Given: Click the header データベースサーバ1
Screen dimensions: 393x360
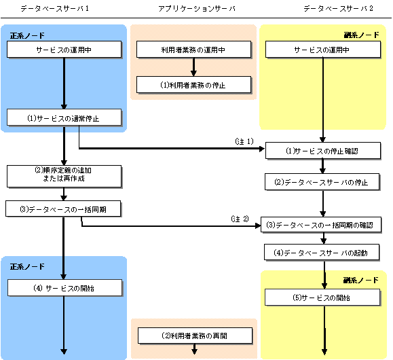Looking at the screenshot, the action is point(54,9).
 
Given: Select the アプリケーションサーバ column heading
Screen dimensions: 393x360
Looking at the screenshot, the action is point(197,9).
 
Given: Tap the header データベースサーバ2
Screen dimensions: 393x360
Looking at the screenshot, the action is point(338,9).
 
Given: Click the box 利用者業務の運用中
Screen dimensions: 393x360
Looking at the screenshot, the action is point(193,50).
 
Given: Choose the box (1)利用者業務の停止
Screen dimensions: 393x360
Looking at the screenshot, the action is point(193,85).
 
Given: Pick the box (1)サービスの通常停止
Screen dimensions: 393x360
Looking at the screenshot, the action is point(64,117).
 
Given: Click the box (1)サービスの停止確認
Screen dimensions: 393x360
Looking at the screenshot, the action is point(323,151).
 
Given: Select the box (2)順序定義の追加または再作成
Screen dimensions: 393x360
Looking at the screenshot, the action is point(64,176).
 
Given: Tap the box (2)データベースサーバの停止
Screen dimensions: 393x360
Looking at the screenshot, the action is point(322,181).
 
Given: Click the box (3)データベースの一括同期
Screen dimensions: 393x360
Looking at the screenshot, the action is point(63,209).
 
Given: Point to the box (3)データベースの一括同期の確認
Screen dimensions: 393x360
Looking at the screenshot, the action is point(321,225).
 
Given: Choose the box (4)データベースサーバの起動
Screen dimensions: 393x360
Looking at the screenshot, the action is point(322,252).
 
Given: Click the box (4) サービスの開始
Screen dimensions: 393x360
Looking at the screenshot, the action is point(64,288).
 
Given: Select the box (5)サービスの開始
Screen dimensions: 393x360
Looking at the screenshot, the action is point(322,298).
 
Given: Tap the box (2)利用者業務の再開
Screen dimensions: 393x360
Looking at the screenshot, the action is point(195,336).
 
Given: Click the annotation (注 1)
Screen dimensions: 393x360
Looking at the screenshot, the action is point(244,141).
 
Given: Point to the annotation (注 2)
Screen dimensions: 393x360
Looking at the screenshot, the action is point(240,219).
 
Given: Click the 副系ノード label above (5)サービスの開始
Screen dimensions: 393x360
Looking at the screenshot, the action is point(360,280).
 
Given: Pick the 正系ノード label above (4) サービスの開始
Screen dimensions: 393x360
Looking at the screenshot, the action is point(27,266).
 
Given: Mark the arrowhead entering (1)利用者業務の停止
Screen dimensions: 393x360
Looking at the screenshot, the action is point(193,73).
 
